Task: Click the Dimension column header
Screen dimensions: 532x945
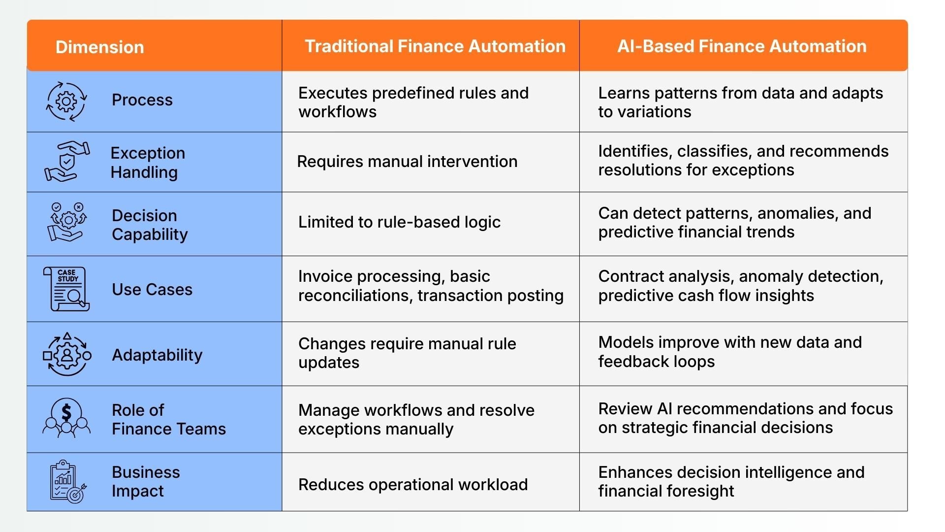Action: pos(99,47)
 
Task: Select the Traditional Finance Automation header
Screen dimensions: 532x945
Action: pos(435,46)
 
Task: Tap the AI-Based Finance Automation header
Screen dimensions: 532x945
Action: pos(742,46)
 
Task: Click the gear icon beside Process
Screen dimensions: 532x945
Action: pos(66,101)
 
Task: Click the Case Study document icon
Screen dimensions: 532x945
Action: pos(66,289)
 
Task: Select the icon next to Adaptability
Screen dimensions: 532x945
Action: pos(67,355)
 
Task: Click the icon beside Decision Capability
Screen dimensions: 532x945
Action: pos(67,222)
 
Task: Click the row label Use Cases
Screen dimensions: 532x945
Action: pos(152,289)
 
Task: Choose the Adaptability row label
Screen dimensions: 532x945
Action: pos(157,355)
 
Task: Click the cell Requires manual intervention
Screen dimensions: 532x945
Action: pos(407,162)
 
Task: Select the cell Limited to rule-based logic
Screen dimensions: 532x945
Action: pos(399,222)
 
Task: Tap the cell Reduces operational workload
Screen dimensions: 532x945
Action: pos(413,485)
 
